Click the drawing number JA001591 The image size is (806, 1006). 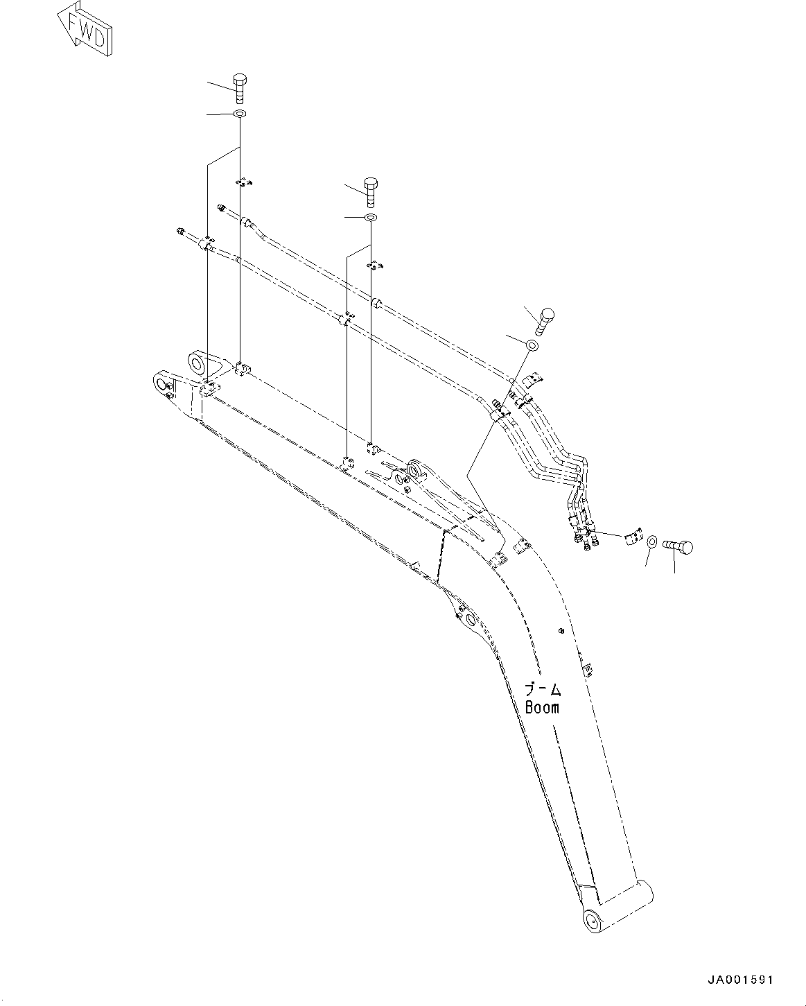click(739, 980)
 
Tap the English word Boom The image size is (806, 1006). click(542, 708)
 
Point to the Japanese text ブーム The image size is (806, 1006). click(542, 690)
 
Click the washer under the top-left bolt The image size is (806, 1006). click(240, 114)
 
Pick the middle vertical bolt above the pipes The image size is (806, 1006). click(371, 191)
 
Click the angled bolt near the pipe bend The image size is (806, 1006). click(544, 320)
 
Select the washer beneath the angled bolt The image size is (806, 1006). click(532, 345)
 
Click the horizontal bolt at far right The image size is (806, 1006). click(678, 547)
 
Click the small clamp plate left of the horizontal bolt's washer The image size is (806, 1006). click(631, 538)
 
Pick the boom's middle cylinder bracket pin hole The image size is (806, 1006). click(414, 471)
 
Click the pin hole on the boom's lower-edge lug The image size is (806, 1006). click(471, 619)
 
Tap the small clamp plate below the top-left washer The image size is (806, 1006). click(243, 182)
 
